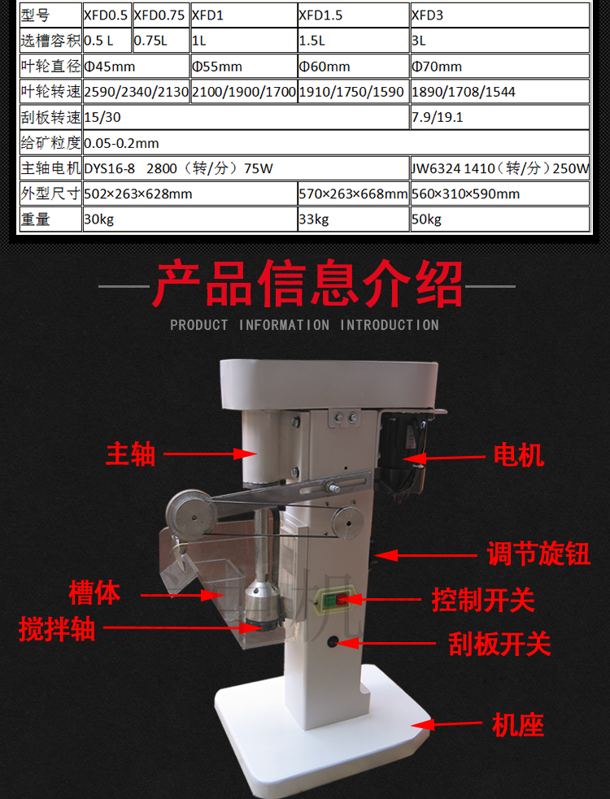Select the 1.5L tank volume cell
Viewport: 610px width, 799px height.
click(354, 41)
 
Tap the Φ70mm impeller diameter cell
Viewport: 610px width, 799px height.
click(500, 66)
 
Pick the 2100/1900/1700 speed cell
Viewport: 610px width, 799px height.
click(244, 92)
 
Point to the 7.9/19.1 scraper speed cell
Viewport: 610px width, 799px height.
click(500, 117)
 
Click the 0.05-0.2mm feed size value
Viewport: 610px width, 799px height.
click(121, 143)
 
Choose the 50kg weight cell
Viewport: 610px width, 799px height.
click(500, 219)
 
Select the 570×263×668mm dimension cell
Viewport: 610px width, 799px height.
click(354, 193)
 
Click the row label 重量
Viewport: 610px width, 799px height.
click(36, 219)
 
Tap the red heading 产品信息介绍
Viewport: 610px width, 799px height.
click(307, 284)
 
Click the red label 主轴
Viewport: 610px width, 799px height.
click(131, 454)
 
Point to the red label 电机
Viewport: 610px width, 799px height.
click(518, 454)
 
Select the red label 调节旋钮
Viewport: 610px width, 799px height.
click(538, 554)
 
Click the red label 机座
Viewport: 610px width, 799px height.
click(517, 724)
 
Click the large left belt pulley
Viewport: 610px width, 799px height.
click(191, 515)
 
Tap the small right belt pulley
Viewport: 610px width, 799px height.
click(346, 522)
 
